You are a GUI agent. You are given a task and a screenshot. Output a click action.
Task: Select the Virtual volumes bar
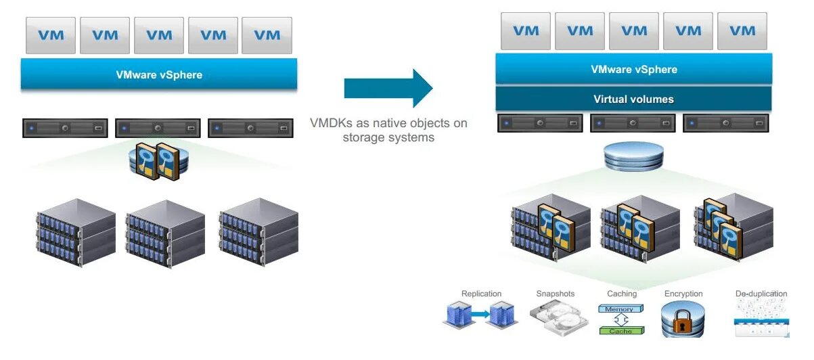[x=633, y=99]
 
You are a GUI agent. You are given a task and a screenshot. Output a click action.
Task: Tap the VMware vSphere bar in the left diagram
[x=159, y=74]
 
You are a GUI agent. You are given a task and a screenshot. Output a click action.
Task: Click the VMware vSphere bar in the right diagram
[x=633, y=69]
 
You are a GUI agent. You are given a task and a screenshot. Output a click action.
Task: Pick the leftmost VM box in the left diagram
[x=51, y=35]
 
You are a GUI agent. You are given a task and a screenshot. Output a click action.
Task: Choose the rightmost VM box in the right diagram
[x=742, y=30]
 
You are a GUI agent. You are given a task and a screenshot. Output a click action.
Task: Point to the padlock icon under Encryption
[x=683, y=319]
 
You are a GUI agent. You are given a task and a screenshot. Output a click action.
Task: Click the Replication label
[x=481, y=294]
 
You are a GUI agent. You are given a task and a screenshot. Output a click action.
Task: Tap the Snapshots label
[x=555, y=294]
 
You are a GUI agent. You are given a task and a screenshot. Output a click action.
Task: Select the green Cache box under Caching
[x=621, y=331]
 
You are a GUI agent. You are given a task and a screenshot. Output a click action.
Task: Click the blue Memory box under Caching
[x=620, y=309]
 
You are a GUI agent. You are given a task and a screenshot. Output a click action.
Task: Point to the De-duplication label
[x=761, y=294]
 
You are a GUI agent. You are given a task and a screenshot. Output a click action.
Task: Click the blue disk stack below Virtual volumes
[x=633, y=157]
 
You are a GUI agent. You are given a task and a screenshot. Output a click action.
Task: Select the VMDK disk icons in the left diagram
[x=156, y=161]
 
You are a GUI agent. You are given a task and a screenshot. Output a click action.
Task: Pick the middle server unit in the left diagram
[x=157, y=127]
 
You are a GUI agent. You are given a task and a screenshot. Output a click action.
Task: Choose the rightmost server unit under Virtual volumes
[x=726, y=123]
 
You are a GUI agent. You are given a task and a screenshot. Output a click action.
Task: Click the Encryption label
[x=683, y=294]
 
